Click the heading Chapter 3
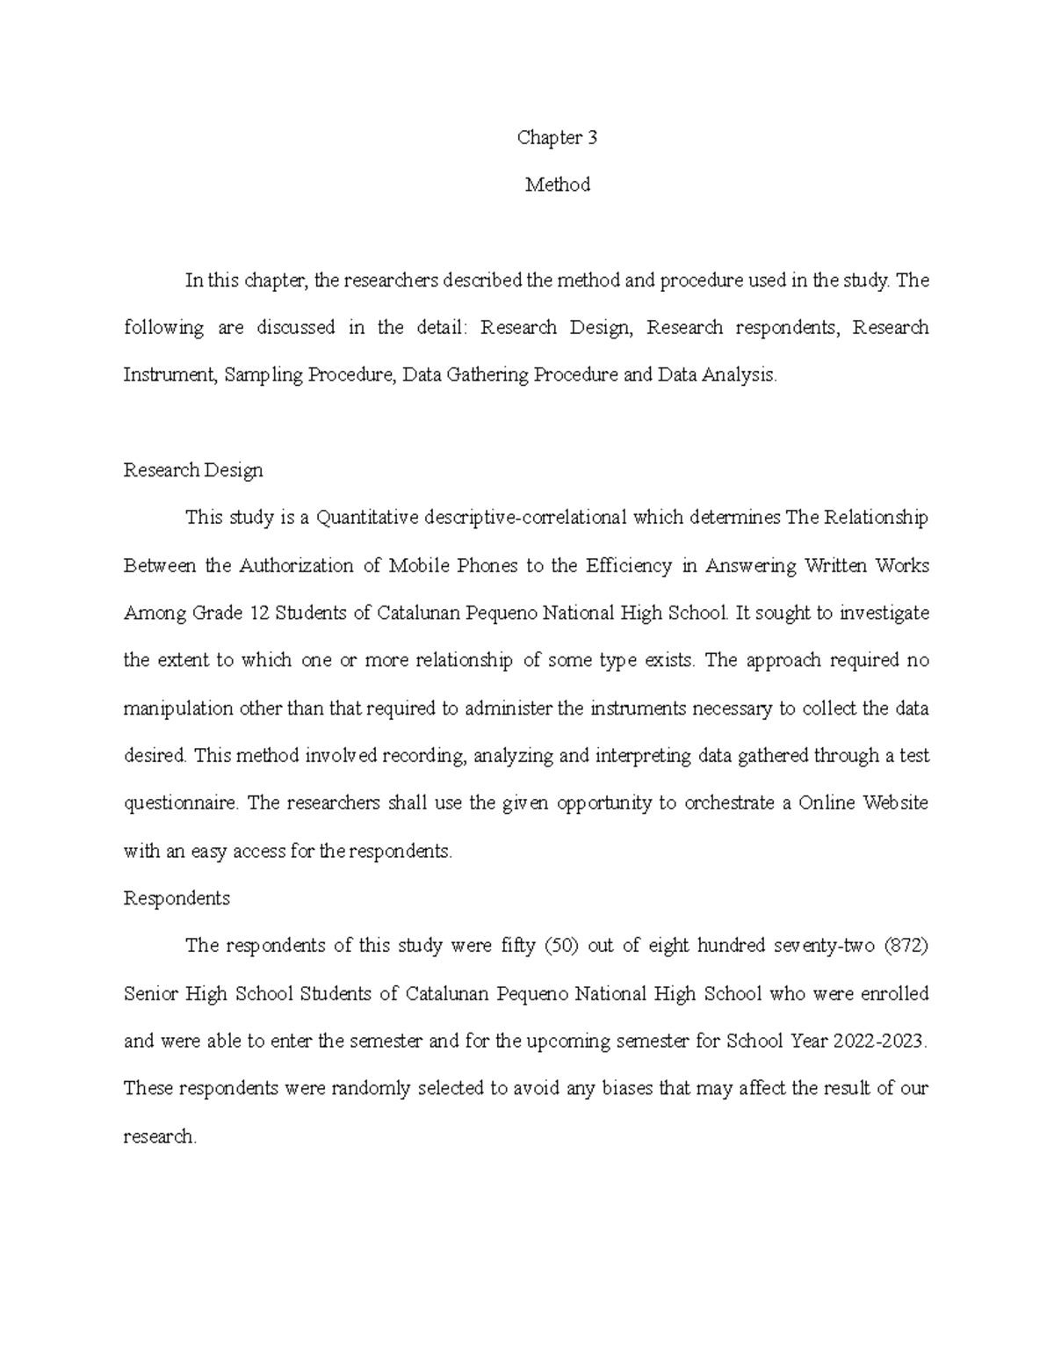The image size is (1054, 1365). coord(557,137)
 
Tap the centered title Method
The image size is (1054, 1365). coord(557,185)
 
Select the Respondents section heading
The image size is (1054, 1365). coord(177,898)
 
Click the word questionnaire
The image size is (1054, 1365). coord(180,803)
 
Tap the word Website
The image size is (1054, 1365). coord(896,803)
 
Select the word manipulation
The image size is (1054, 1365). coord(178,708)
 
